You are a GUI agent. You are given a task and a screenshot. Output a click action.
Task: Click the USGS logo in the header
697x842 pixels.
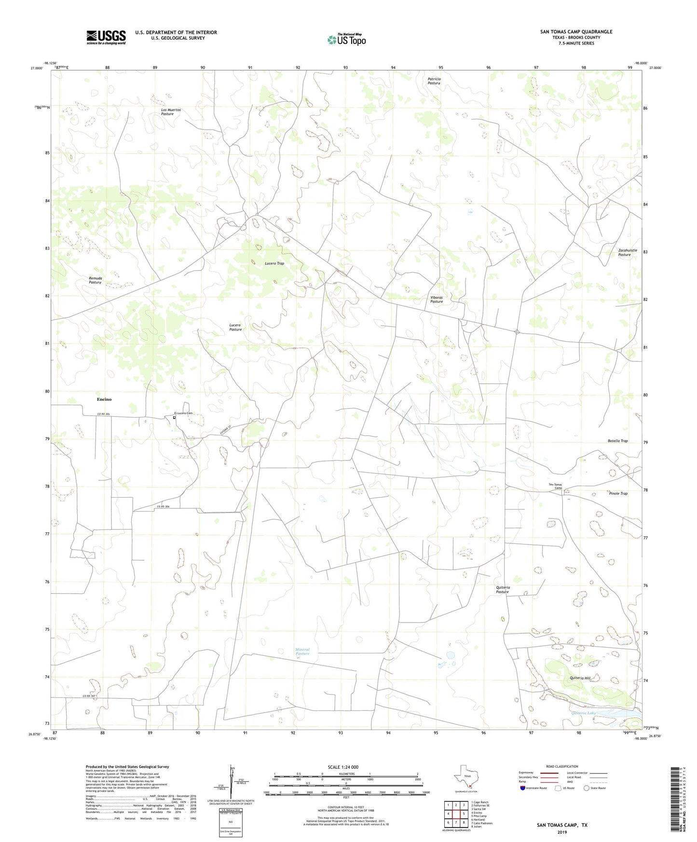click(x=106, y=37)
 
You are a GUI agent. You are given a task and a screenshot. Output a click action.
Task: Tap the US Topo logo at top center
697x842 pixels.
click(x=346, y=40)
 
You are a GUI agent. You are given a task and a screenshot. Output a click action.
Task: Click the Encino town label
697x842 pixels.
click(x=104, y=399)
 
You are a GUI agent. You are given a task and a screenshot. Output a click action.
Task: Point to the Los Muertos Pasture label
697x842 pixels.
click(x=171, y=112)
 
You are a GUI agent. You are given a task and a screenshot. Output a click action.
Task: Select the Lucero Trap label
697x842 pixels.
click(x=274, y=263)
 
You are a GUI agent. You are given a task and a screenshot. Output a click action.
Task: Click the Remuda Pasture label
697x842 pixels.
click(x=96, y=280)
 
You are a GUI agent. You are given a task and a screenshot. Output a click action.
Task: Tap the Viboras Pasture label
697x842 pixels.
click(x=437, y=299)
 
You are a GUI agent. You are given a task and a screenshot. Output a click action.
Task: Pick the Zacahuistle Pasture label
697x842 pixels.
click(x=627, y=252)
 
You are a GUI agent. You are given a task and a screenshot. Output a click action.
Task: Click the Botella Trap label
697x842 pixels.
click(x=617, y=441)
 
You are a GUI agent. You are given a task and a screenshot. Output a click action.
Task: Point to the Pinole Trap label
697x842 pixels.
click(x=618, y=493)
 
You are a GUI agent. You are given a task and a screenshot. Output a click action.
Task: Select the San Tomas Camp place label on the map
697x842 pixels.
click(x=555, y=486)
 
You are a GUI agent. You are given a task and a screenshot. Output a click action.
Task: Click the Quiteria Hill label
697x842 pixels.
click(x=580, y=678)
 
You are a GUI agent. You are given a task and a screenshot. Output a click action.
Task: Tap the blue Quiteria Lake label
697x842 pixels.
click(x=584, y=713)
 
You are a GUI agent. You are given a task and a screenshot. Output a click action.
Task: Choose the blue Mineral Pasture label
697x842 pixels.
click(x=302, y=652)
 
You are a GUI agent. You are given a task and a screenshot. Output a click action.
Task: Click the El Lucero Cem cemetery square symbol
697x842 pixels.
click(x=174, y=418)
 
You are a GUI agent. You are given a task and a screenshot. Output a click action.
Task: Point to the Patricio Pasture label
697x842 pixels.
click(x=434, y=81)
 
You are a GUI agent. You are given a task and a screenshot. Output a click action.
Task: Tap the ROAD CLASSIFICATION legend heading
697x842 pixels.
click(x=562, y=766)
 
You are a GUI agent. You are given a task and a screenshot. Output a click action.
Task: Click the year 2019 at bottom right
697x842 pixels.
click(x=562, y=832)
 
